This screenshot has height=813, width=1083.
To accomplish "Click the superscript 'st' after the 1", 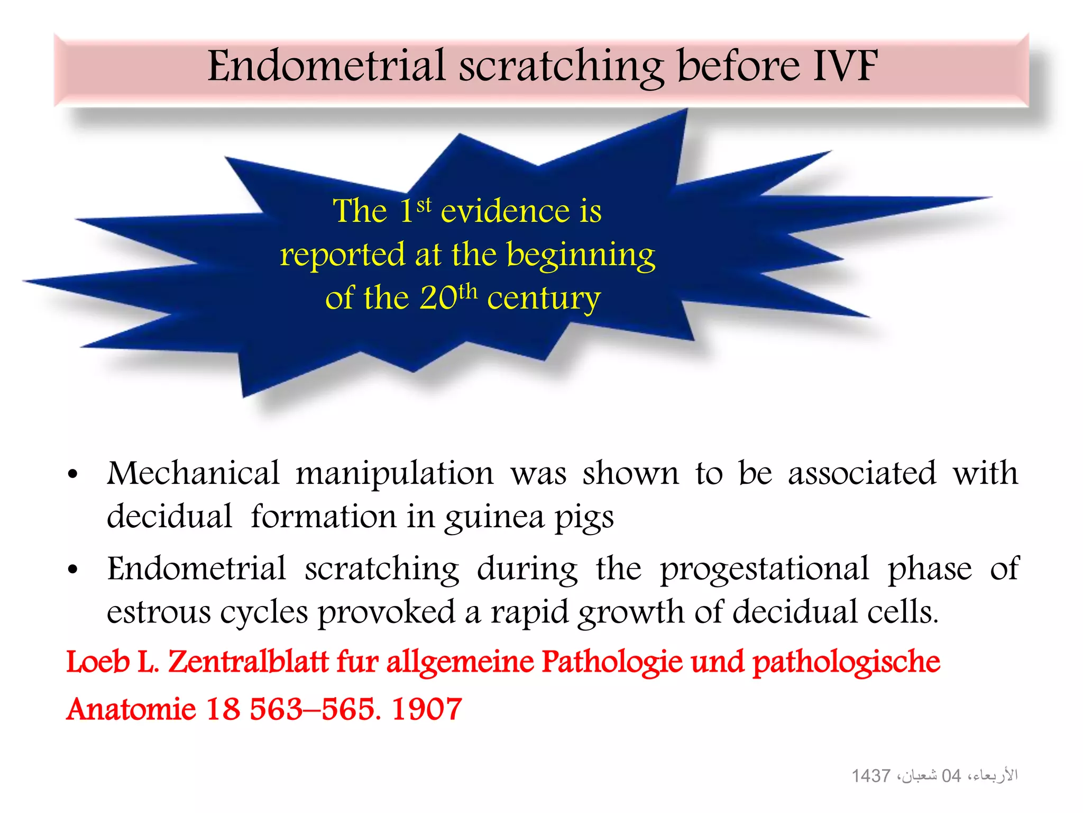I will (424, 205).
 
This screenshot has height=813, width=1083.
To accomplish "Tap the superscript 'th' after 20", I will (467, 291).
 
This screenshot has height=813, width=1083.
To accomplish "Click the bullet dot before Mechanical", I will (73, 475).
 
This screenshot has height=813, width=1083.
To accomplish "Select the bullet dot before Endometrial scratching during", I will (73, 570).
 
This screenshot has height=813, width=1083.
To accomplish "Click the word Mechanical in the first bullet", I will (193, 473).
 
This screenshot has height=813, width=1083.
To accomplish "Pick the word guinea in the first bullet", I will (494, 517).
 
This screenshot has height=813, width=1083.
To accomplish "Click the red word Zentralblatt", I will (248, 662).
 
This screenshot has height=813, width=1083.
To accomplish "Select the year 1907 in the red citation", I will (427, 709).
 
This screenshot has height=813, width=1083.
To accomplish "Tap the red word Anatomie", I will (131, 709).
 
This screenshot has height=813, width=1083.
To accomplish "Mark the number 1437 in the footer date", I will (870, 776).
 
